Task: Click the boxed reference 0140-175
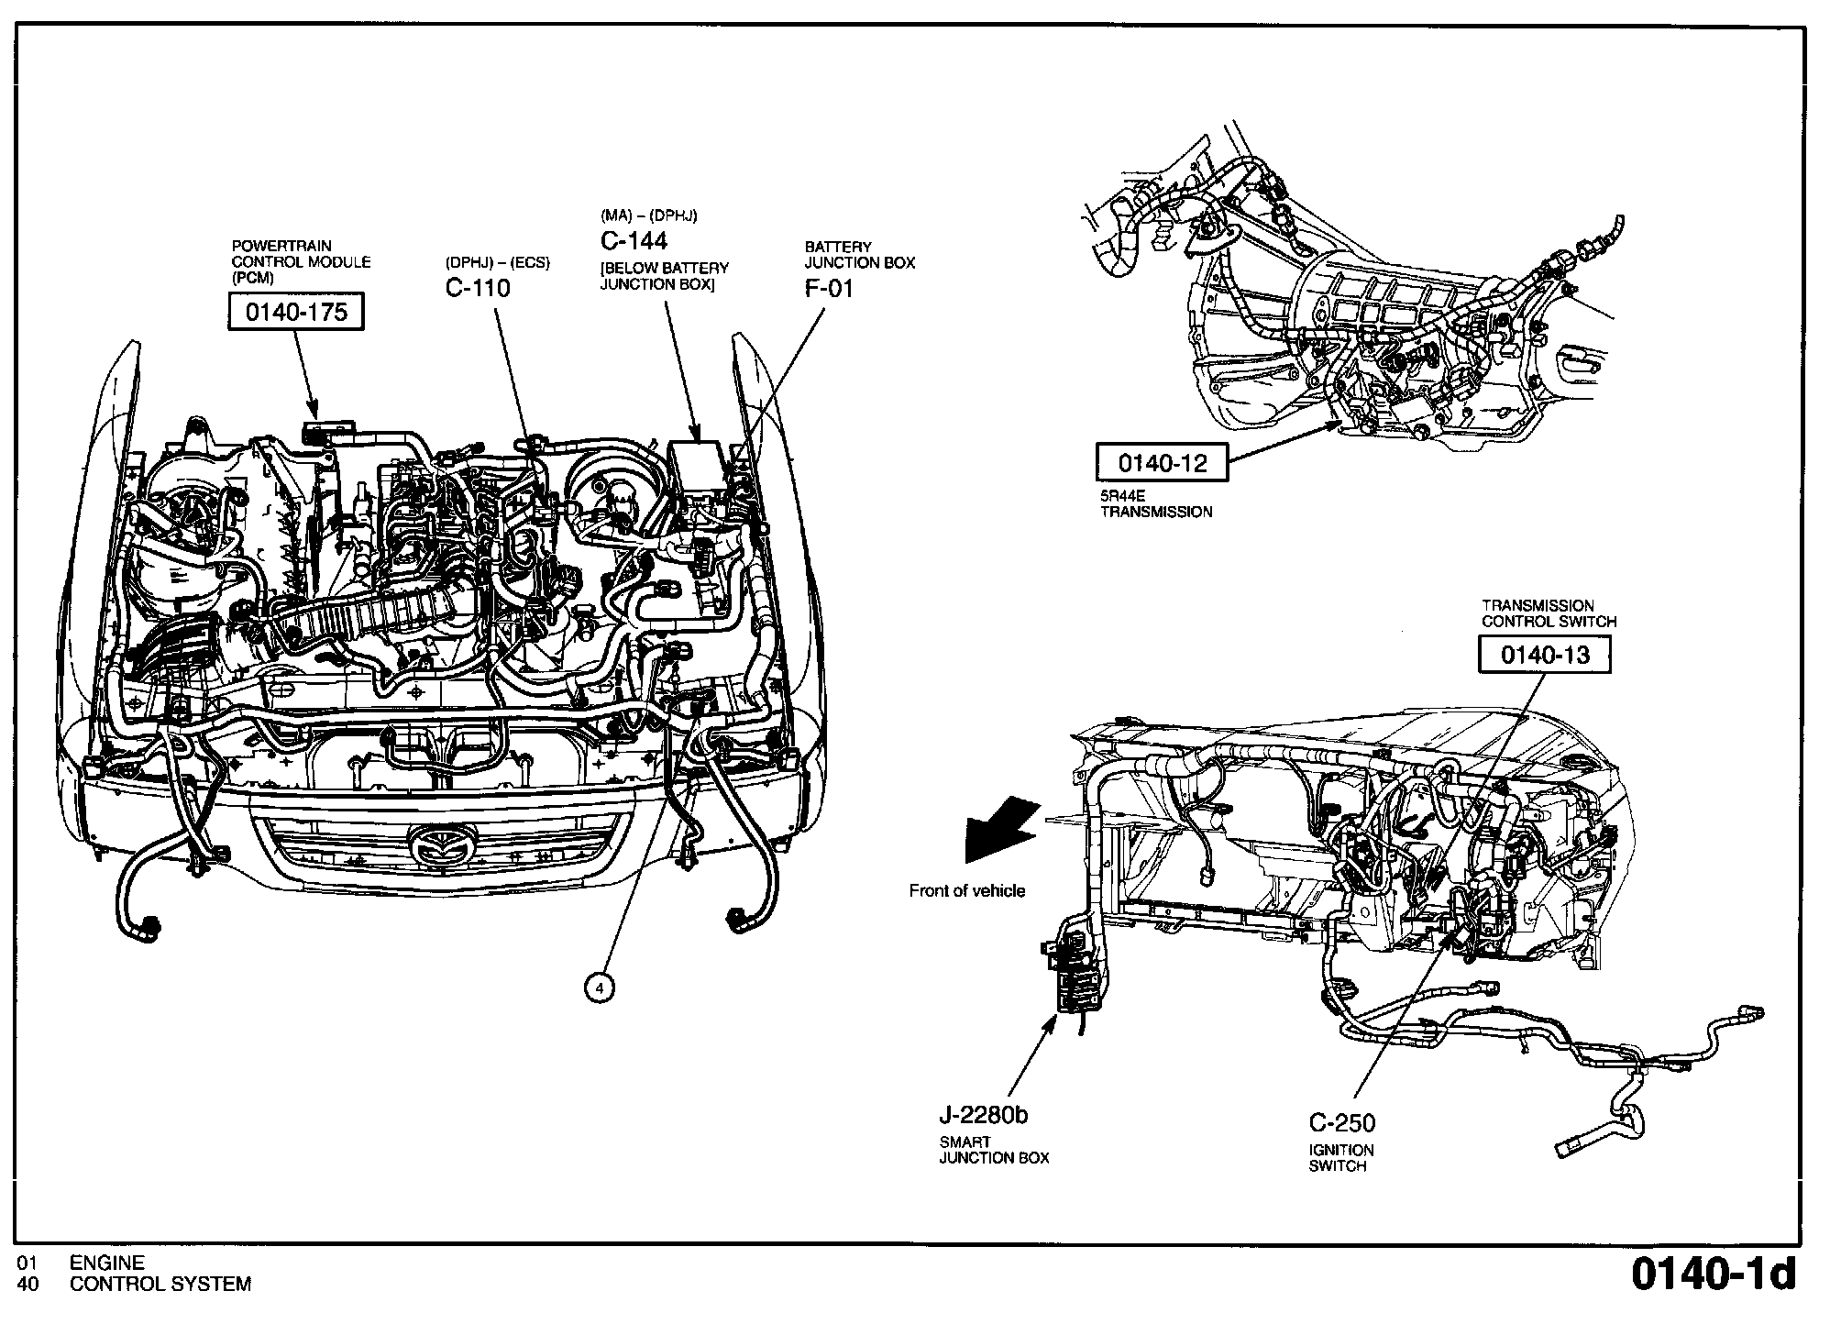[295, 313]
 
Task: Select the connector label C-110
[478, 289]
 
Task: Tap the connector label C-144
[634, 241]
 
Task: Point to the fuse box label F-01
[829, 289]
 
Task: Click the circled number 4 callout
[599, 987]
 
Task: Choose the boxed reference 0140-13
[1545, 655]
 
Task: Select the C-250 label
[1342, 1122]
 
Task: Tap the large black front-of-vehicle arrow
[999, 831]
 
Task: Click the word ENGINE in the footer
[107, 1263]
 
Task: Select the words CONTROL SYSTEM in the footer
[160, 1285]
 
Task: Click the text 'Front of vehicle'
[967, 890]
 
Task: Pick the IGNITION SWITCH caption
[1341, 1158]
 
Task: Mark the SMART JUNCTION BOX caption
[994, 1150]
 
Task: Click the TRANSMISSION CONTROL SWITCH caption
[1549, 613]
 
